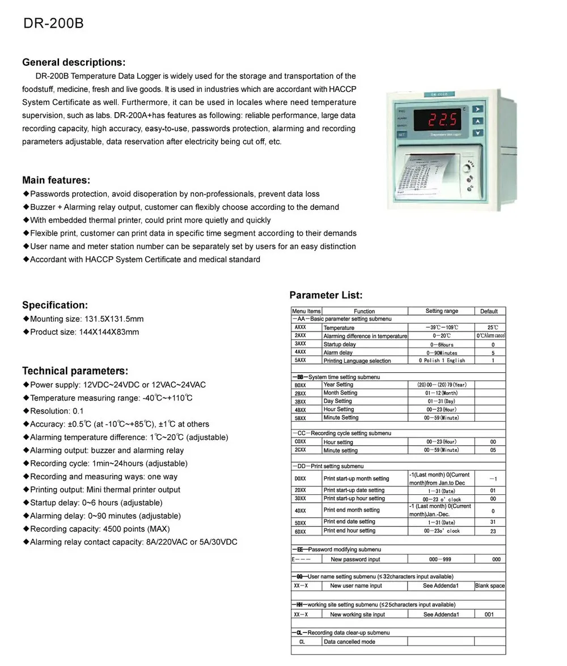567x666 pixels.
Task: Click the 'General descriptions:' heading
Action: (74, 62)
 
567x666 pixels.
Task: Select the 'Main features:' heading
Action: (56, 180)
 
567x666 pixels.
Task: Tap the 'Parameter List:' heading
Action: (325, 295)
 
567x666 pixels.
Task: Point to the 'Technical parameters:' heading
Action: (75, 371)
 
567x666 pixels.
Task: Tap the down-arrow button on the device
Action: (478, 133)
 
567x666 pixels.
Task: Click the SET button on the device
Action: (401, 134)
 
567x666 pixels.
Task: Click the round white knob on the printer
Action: (468, 168)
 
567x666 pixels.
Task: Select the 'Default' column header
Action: (489, 311)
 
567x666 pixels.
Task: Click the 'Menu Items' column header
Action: (306, 311)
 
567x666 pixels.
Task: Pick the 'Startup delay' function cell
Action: (340, 344)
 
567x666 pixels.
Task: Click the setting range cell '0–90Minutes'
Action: (442, 353)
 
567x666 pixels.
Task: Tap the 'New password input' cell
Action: (356, 559)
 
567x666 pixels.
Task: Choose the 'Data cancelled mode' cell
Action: (349, 642)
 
